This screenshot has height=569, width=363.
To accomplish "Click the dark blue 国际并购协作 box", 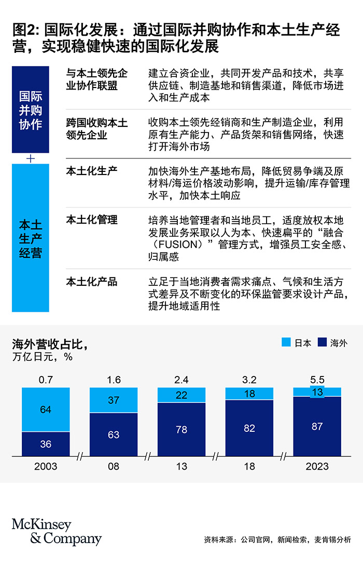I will coord(30,110).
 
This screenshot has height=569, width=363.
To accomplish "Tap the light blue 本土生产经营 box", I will coord(30,239).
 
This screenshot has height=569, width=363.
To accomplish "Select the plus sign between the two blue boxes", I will coord(30,158).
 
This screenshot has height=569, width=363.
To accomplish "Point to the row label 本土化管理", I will coord(92,220).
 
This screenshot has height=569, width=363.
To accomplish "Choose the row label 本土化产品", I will coord(92,282).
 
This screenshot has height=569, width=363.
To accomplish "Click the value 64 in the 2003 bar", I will coord(46,410).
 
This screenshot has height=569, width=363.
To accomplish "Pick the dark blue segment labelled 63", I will coord(114,434).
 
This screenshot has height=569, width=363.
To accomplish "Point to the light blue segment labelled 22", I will coord(181,395).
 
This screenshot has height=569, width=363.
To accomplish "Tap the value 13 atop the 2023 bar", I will coord(317,392).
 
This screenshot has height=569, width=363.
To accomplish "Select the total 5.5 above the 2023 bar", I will coord(317,380).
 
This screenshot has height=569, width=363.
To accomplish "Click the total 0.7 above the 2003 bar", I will coord(46,380).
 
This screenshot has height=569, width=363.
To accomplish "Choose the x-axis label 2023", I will coord(317,466).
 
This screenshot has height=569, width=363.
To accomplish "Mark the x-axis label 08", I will coord(114,466).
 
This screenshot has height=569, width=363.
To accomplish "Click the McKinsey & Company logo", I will coord(57,532).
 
